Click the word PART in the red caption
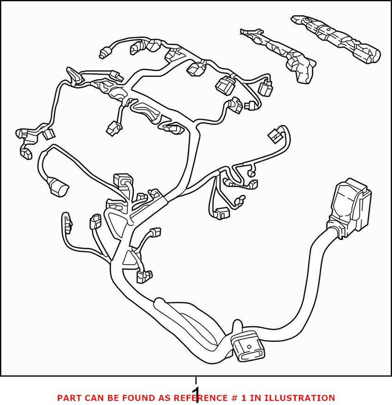pos(69,398)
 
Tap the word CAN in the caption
pos(93,398)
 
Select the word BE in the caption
pos(111,398)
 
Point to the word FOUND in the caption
pos(135,398)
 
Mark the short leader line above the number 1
pos(196,381)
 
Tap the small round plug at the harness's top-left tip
pos(104,53)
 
